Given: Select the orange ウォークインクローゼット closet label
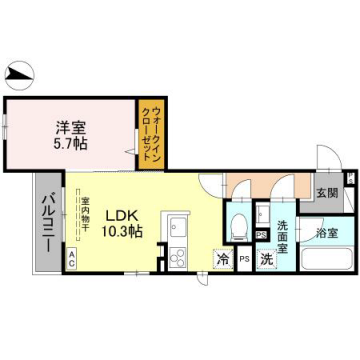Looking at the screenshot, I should [150, 131].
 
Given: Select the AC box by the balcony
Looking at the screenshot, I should [72, 257].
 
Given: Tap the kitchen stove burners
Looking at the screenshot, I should [178, 257].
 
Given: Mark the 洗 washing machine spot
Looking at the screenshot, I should [266, 259].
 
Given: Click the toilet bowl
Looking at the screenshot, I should [239, 225].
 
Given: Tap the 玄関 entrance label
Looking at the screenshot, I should [327, 193].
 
